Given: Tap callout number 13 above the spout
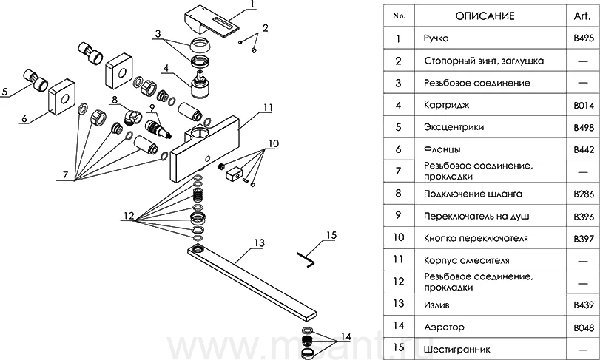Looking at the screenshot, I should pos(258,242).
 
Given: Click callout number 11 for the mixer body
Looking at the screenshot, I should pos(268,108).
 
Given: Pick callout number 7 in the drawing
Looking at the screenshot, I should pos(66,175).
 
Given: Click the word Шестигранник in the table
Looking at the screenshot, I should pos(458,349).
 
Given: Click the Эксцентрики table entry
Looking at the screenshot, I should pos(455,127).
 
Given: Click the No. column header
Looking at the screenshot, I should pos(398,16).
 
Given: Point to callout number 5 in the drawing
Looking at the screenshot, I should pos(5,92).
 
